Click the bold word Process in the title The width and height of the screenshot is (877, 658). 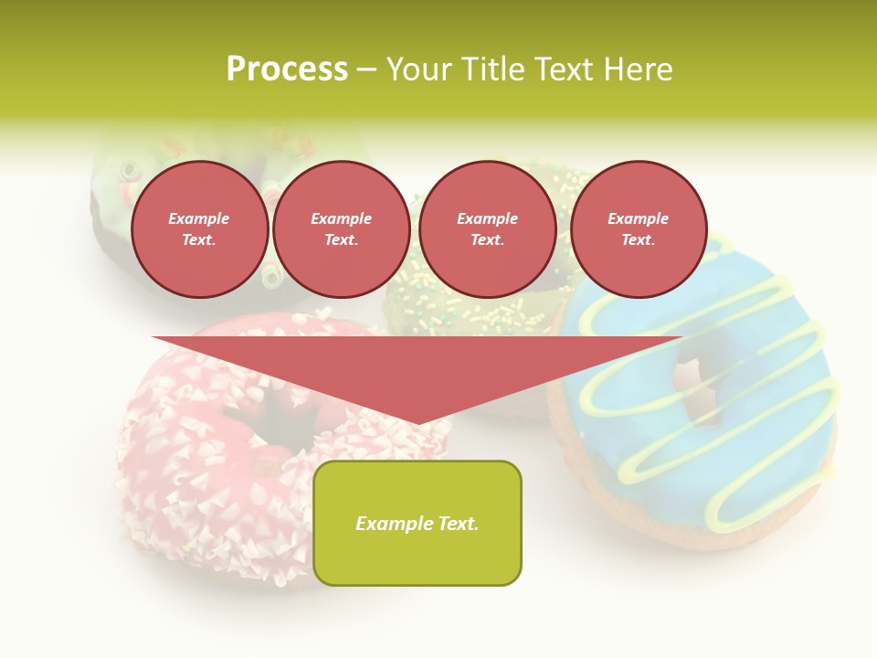pos(287,69)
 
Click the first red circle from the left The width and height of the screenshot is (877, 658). pos(199,228)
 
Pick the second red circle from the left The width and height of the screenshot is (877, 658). pos(341,228)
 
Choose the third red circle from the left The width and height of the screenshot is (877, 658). pos(487,228)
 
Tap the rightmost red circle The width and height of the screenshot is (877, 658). pos(638,228)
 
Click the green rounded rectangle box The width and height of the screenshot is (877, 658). pos(417,523)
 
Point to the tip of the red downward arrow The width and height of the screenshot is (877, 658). pos(417,423)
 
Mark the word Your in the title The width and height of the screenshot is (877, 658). pos(416,69)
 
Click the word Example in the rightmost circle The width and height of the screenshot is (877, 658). pos(638,218)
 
